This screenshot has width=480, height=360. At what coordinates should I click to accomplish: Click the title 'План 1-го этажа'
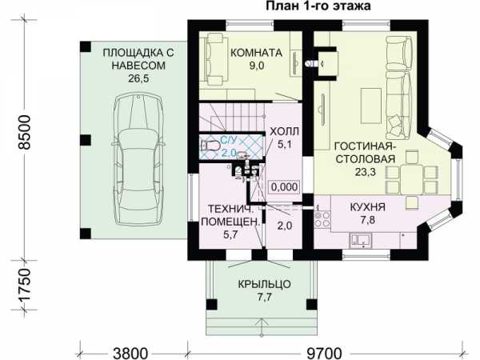(x=318, y=6)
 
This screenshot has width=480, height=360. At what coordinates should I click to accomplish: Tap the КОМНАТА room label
(x=256, y=53)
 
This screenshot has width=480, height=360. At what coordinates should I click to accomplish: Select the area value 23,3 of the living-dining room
(x=366, y=172)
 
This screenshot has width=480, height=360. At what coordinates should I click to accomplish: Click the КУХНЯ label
(x=367, y=207)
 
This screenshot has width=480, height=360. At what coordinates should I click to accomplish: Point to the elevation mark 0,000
(x=284, y=186)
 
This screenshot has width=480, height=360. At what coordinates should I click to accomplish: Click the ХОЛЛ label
(x=284, y=132)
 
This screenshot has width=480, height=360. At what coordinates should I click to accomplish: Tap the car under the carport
(x=138, y=159)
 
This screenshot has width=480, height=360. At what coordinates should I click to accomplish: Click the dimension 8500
(x=25, y=132)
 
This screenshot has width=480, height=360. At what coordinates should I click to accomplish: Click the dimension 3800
(x=130, y=354)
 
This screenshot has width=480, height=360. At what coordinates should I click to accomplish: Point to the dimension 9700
(x=324, y=354)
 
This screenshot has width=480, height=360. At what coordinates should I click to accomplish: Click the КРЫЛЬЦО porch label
(x=265, y=284)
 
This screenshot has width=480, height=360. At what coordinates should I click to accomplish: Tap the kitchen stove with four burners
(x=322, y=219)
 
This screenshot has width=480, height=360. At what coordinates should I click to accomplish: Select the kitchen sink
(x=361, y=240)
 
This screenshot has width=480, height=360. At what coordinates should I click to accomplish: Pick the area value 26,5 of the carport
(x=138, y=78)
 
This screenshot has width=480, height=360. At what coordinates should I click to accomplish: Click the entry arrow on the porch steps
(x=262, y=326)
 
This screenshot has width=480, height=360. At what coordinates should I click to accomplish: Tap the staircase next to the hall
(x=232, y=118)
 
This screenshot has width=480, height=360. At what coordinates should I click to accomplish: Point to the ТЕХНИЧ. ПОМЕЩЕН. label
(x=230, y=222)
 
